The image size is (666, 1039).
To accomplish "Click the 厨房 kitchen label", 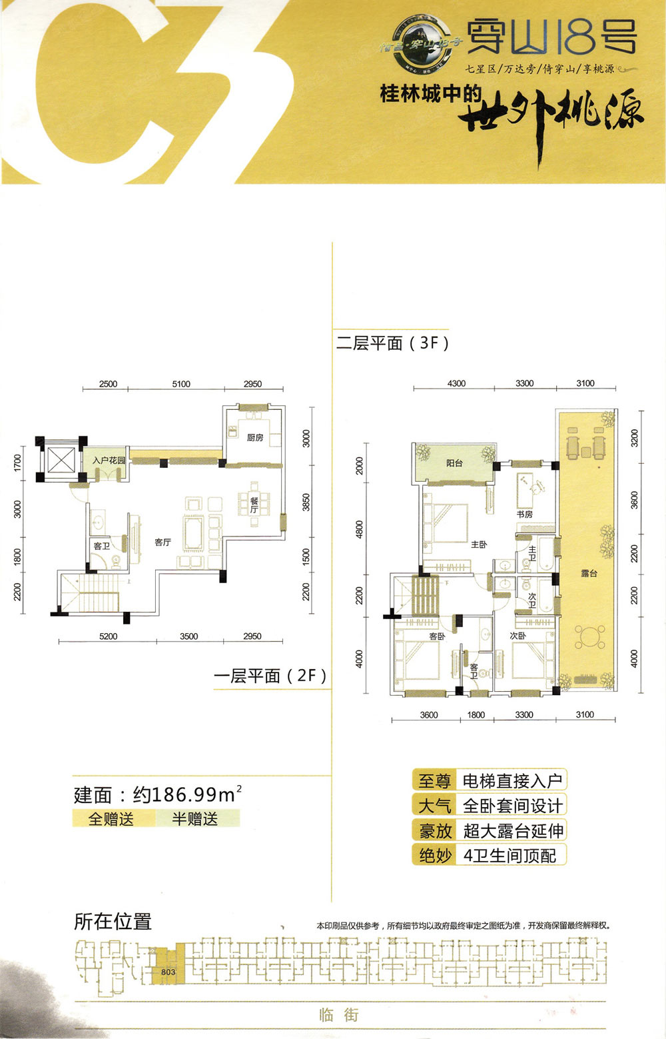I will click(x=255, y=438).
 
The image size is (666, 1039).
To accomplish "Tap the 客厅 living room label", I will click(x=163, y=542).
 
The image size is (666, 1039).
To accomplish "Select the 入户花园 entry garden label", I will click(x=109, y=461).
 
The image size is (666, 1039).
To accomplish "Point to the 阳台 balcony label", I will click(x=454, y=463).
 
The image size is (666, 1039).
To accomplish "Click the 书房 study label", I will click(x=525, y=514).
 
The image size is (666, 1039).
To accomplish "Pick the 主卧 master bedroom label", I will click(x=479, y=544).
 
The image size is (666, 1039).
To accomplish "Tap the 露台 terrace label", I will click(x=589, y=573).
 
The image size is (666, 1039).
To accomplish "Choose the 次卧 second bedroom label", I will click(x=518, y=636).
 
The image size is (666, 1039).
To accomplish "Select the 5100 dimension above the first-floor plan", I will click(x=181, y=384).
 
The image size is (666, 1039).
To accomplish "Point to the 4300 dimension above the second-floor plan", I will click(x=457, y=383).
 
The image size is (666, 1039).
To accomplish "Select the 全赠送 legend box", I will click(x=112, y=818).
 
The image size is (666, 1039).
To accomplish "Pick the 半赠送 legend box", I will click(x=195, y=818).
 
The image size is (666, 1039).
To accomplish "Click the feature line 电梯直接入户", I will click(x=512, y=780).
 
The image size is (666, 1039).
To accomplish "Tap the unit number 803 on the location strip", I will click(x=168, y=972).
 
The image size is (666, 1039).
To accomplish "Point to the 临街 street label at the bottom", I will click(x=338, y=1015).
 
